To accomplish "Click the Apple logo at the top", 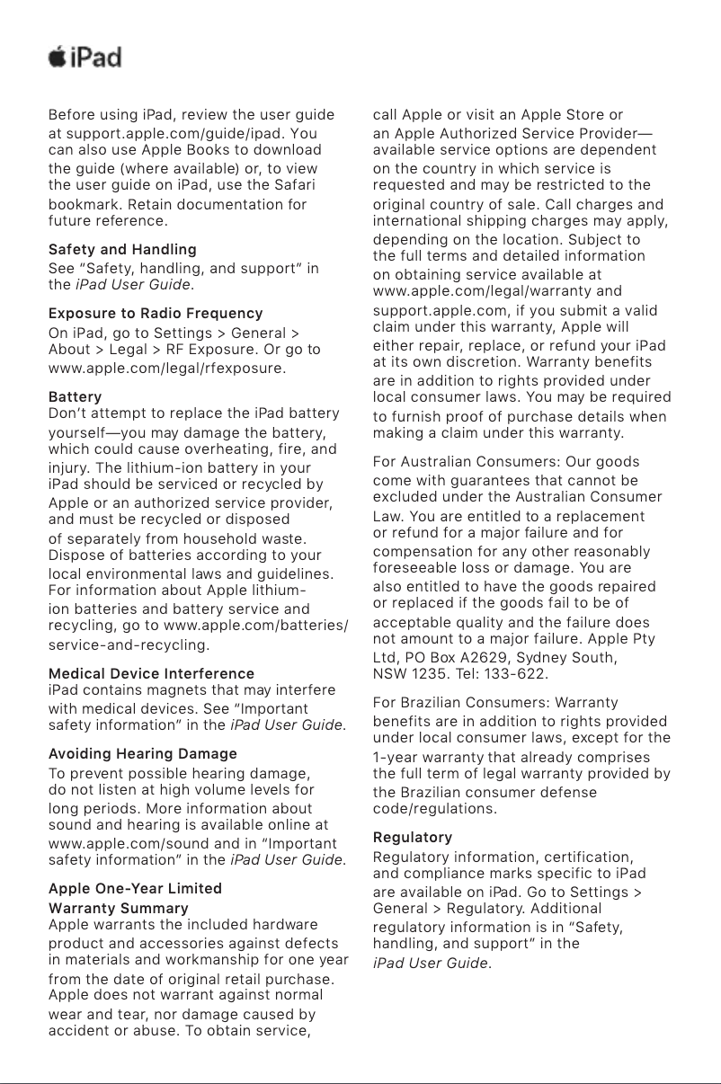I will [57, 58].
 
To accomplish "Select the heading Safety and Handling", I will [122, 249].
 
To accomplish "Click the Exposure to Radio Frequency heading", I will [156, 314].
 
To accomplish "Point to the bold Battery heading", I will [75, 396].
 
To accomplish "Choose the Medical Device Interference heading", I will [151, 673].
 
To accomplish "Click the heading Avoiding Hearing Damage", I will [143, 753].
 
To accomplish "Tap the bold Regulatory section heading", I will [413, 838].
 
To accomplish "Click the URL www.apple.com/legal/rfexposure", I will [166, 368].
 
